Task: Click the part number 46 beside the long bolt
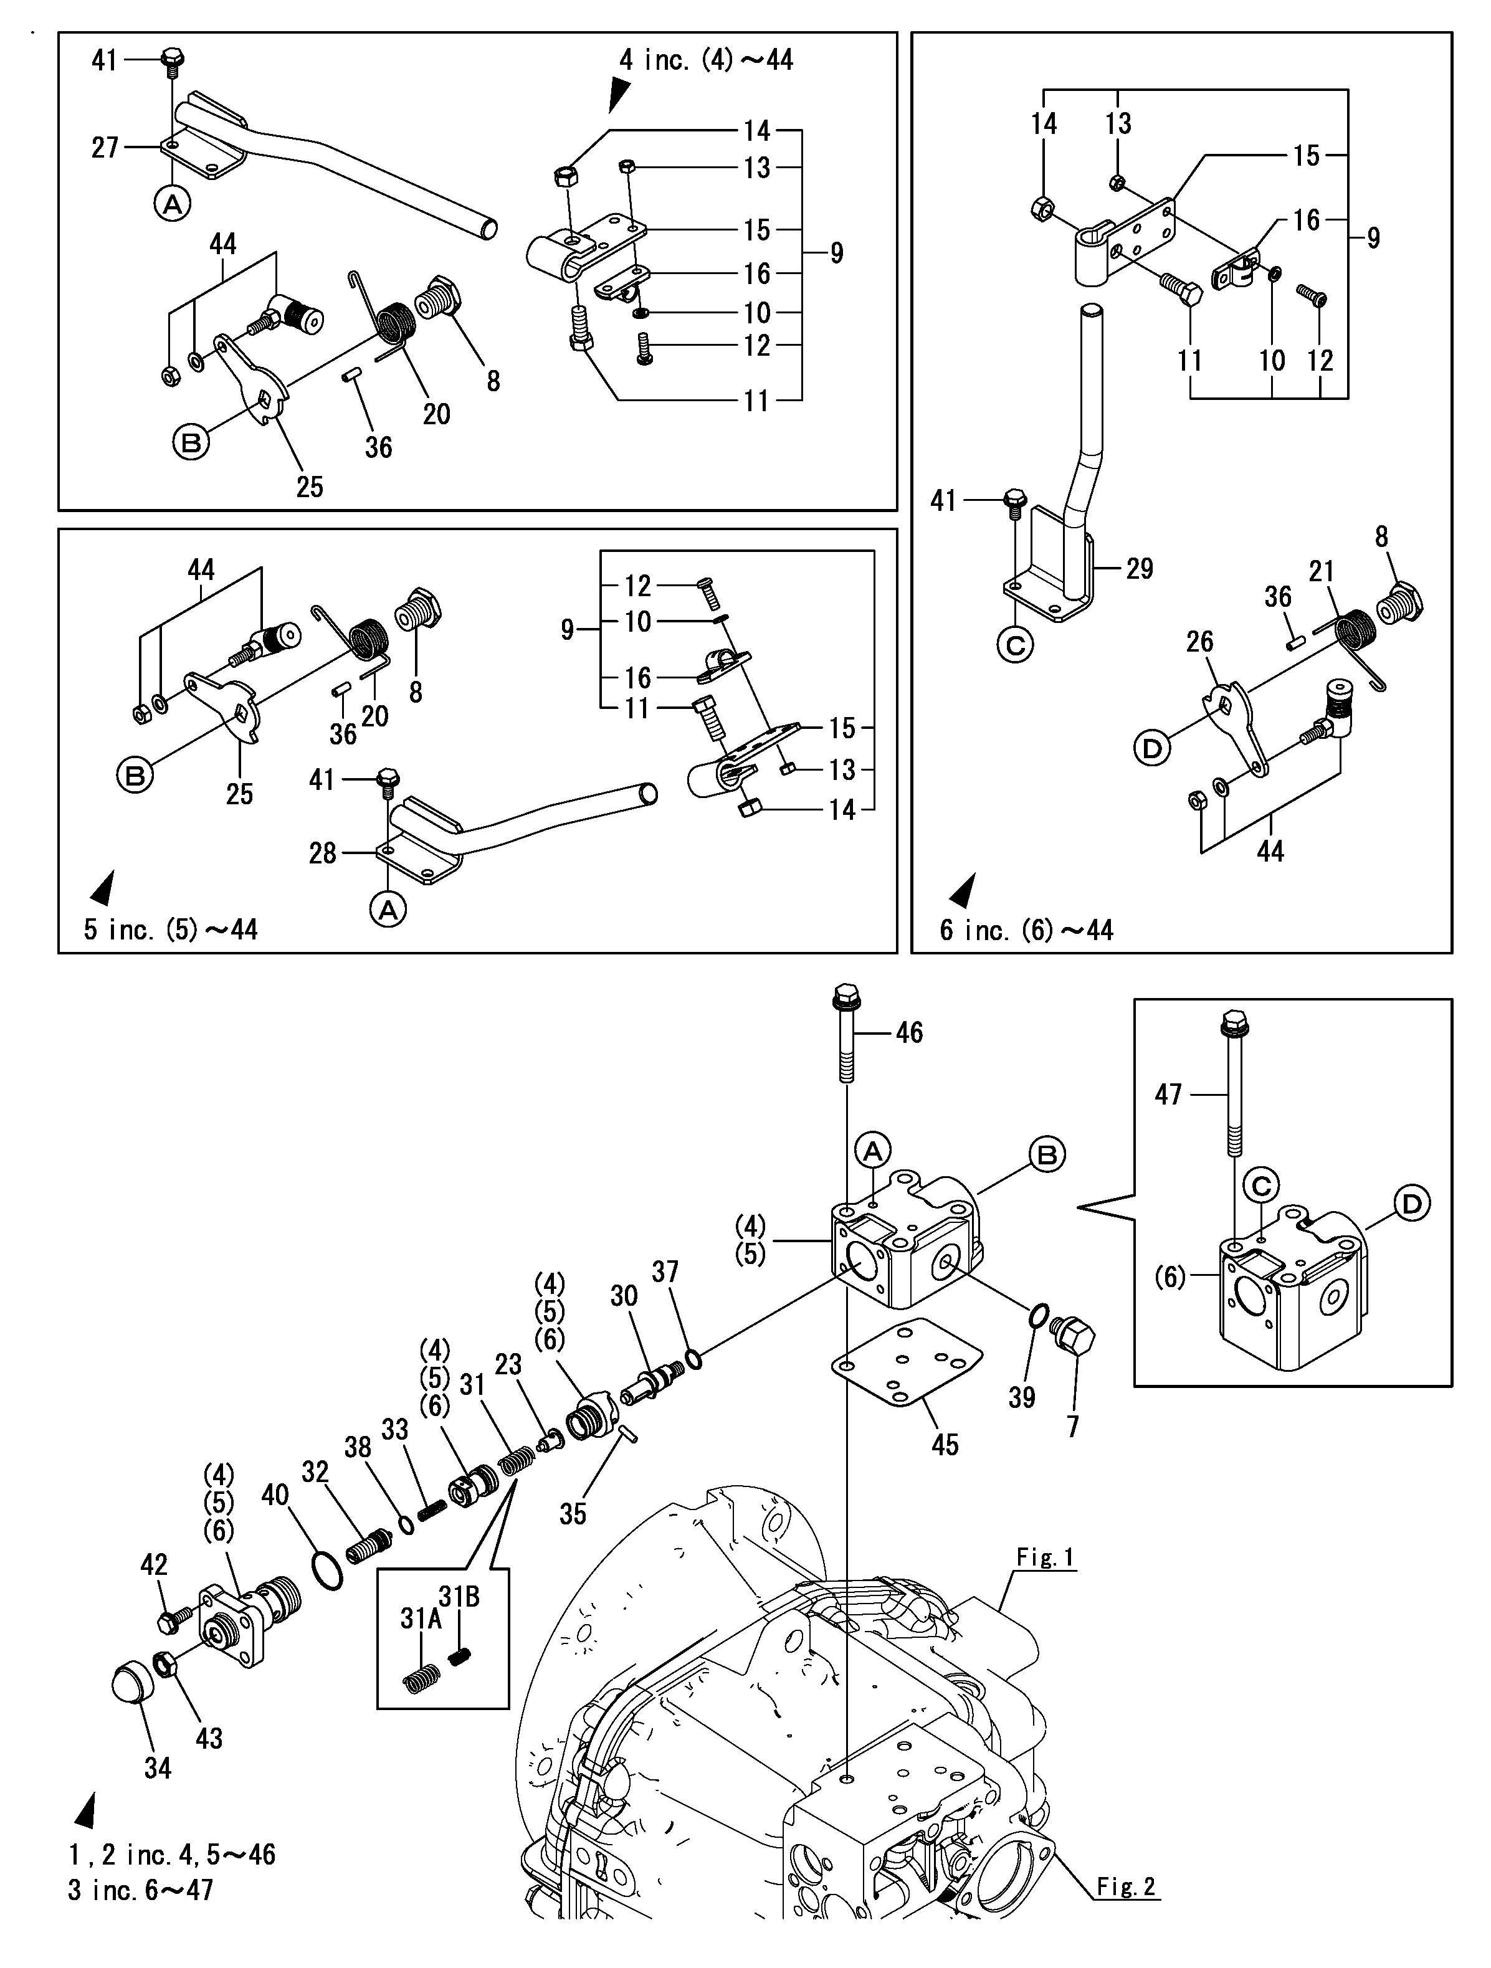(x=908, y=1032)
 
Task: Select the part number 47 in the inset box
(x=1168, y=1093)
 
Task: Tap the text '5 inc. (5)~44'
(x=171, y=929)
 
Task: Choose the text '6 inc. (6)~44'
(x=1027, y=931)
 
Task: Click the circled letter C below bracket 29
(x=1015, y=645)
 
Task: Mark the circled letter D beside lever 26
(x=1151, y=748)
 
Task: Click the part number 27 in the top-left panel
(x=105, y=147)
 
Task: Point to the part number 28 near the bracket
(x=322, y=853)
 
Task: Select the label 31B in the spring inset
(x=459, y=1597)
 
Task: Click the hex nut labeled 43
(x=164, y=1663)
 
